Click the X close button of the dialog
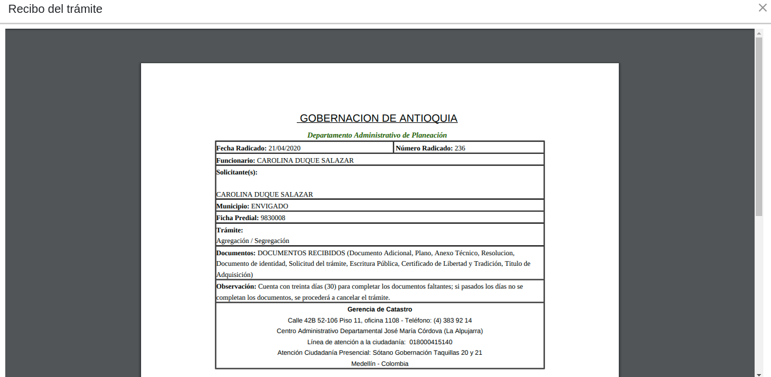(x=762, y=8)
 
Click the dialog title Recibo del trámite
(x=55, y=9)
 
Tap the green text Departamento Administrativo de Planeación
(x=377, y=135)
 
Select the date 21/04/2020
(x=285, y=148)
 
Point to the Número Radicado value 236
(x=460, y=148)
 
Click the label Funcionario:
(x=235, y=160)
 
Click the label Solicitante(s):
(x=237, y=172)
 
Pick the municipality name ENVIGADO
(x=269, y=206)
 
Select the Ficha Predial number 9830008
(x=273, y=218)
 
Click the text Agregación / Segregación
(x=252, y=241)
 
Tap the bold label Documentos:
(x=236, y=253)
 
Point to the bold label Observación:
(x=236, y=286)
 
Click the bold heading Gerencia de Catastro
(x=379, y=309)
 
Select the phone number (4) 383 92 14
(x=453, y=320)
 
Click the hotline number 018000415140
(x=431, y=342)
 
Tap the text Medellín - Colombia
(x=379, y=364)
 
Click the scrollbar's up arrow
(x=759, y=33)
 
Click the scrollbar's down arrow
(x=759, y=374)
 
